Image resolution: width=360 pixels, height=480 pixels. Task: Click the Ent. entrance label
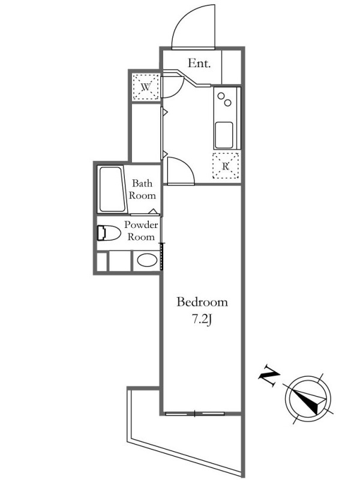coord(199,64)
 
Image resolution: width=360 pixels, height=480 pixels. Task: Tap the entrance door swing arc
coord(184,18)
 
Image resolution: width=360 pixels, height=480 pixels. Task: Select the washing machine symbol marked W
coord(146,87)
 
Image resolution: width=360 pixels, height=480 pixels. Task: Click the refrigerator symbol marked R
coord(226,166)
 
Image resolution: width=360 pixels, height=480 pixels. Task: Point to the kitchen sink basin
coord(224,135)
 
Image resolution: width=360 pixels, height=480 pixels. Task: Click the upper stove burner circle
coord(221,96)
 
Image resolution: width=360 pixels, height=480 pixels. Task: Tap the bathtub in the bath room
coord(112,189)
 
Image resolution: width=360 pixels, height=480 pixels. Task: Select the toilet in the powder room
coord(109,233)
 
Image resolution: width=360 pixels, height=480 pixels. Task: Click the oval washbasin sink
coord(147,260)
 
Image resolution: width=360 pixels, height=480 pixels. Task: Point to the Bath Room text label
coord(142,189)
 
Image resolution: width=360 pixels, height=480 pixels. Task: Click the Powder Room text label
coord(141,230)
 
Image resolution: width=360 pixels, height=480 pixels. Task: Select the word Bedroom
coord(202,302)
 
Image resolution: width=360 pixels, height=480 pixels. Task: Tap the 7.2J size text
coord(202,320)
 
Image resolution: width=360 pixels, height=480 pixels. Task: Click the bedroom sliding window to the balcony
coord(195,413)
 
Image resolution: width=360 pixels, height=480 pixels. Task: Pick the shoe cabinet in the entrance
coord(231,67)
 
